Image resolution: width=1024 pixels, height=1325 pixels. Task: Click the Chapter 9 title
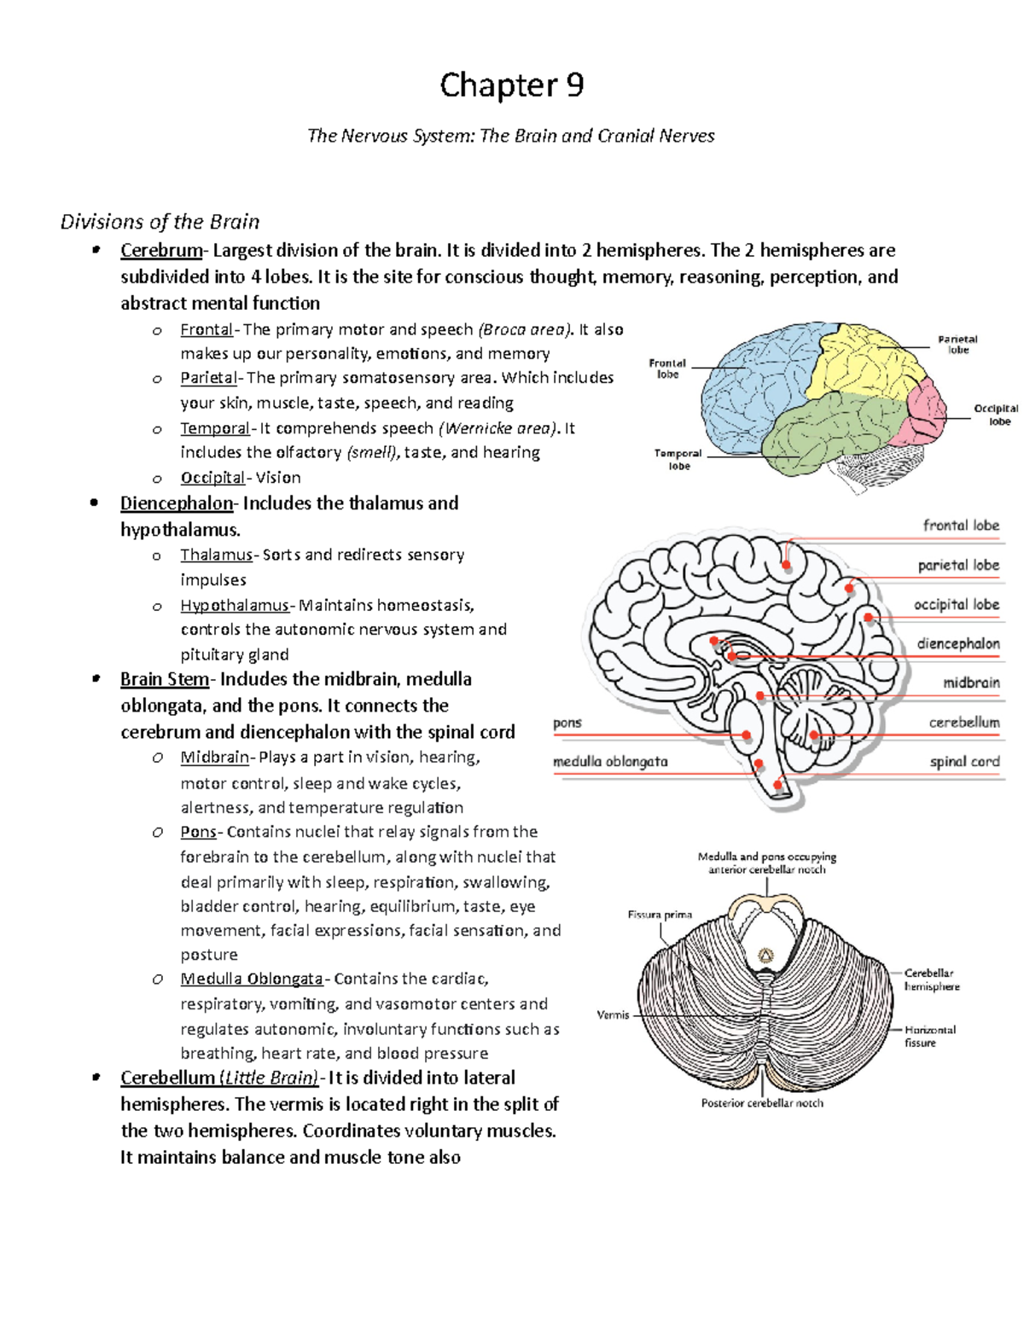click(x=511, y=85)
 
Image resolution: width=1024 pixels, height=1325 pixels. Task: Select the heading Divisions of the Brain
click(x=160, y=222)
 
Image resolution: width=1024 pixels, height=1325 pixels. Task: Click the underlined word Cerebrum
click(x=161, y=250)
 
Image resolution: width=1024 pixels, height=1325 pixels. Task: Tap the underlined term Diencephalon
click(x=176, y=503)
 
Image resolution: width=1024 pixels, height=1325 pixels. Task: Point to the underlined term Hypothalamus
click(x=235, y=605)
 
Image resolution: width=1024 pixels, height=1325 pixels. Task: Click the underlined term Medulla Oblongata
click(x=252, y=979)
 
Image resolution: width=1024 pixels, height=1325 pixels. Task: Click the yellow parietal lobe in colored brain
click(x=862, y=363)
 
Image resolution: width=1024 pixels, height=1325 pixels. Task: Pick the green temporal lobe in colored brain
click(x=819, y=431)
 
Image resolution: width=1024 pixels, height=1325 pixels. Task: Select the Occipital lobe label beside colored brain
click(x=996, y=415)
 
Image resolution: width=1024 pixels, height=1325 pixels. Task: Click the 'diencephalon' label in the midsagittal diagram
click(x=957, y=643)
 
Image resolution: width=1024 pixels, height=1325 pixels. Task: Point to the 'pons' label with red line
click(x=567, y=723)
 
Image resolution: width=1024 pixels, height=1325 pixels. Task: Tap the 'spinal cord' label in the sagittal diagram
click(x=964, y=761)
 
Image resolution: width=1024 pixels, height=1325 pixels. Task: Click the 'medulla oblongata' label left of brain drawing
click(x=610, y=761)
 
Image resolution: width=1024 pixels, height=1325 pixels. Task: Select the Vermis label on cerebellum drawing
click(x=613, y=1014)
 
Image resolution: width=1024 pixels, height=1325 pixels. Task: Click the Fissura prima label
click(x=660, y=915)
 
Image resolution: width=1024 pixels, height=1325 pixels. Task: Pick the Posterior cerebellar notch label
click(x=762, y=1102)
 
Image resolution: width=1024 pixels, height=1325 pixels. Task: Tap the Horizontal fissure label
click(x=929, y=1036)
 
